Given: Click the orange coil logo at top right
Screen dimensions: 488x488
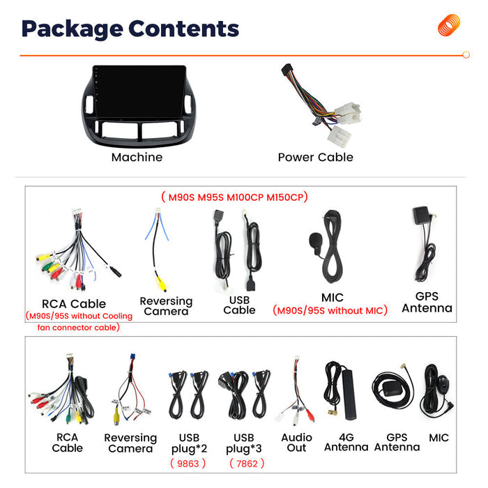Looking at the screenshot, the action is pos(448,24).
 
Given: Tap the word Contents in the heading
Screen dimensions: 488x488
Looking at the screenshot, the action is pos(183,29).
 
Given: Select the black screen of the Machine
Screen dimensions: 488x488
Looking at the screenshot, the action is pos(139,91).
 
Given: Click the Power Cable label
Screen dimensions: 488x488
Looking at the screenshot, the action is pos(316,157).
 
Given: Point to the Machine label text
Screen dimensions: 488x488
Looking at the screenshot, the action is pos(137,157).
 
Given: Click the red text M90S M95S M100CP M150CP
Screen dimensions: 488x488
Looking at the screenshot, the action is pos(235,197).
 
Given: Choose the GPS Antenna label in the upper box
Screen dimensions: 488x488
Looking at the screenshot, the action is pos(427,302).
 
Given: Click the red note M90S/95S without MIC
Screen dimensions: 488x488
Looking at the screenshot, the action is pos(330,311).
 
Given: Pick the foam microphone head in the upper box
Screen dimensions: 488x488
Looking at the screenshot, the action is pos(315,240).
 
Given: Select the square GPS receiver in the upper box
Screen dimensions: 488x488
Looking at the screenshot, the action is pos(421,215).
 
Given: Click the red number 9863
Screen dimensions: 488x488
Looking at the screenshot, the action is pos(188,464).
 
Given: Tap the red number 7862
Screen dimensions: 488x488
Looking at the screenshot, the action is pos(247,464).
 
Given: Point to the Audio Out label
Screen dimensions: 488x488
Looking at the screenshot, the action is pos(296,443).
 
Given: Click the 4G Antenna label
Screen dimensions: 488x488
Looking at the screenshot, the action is pos(346,442).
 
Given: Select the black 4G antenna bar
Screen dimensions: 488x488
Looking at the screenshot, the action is pos(349,395).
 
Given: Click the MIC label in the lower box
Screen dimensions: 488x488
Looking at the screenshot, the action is pos(439,438).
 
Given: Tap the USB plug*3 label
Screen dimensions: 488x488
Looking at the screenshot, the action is pos(244,443).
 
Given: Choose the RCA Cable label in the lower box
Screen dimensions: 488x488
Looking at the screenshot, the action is pos(67,443).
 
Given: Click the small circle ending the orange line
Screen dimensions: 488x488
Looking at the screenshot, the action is pos(466,55).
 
